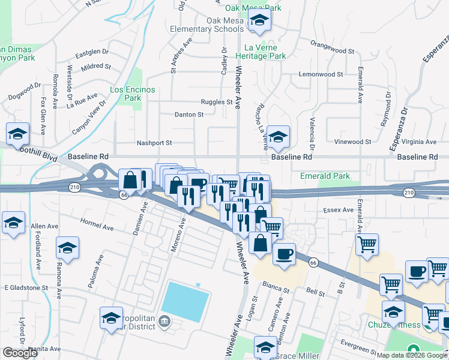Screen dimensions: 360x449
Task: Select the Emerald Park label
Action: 325,176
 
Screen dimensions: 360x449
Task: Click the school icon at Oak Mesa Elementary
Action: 259,22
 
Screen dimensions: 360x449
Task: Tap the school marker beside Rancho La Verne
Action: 278,137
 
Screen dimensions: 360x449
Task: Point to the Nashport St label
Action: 154,143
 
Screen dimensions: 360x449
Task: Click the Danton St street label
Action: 189,114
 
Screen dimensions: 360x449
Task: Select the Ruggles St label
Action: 216,102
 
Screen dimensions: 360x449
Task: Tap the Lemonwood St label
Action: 321,75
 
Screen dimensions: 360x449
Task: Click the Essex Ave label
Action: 339,210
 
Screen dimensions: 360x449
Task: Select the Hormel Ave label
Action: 97,224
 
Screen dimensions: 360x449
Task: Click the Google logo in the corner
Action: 20,353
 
